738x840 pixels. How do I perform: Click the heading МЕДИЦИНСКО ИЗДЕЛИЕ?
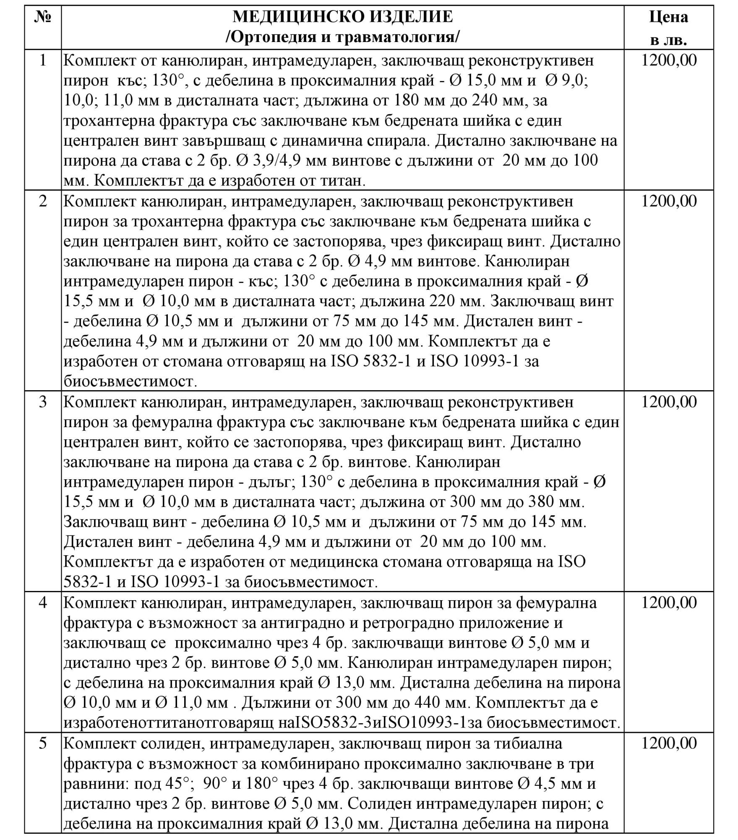coord(342,17)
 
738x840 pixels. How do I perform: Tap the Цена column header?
coord(668,17)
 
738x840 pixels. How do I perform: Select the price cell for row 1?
coord(669,60)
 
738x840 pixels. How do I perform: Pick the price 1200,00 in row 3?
coord(669,402)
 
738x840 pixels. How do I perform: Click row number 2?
coord(42,201)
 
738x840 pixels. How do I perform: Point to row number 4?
coord(42,603)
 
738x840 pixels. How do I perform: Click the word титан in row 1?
coord(340,181)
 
